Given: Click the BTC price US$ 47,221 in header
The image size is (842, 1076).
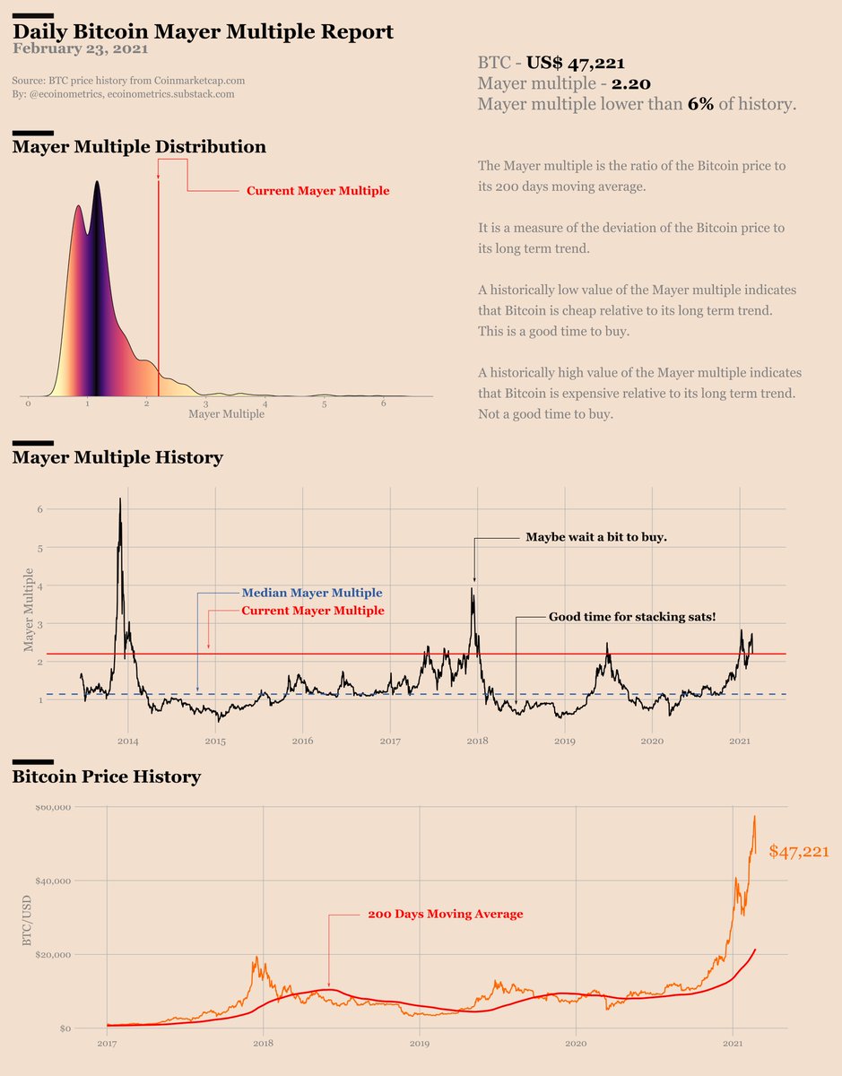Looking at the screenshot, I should tap(575, 63).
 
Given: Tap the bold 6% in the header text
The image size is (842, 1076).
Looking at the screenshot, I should tap(700, 104).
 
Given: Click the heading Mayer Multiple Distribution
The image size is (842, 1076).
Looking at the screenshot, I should tap(139, 146).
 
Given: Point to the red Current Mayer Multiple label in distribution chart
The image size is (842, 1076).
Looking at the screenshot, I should tap(317, 191).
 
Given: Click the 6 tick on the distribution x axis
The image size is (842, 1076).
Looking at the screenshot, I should tap(383, 404).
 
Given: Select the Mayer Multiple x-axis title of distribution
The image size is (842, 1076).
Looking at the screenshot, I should tap(227, 414).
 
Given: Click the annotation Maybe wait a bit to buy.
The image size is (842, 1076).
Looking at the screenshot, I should tap(596, 537).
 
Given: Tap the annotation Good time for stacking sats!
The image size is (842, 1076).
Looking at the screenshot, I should tap(632, 617).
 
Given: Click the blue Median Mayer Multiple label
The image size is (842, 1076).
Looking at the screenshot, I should tap(311, 593).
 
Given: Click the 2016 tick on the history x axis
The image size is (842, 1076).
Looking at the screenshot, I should tap(302, 742).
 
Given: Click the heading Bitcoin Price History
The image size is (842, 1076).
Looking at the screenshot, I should tap(106, 777).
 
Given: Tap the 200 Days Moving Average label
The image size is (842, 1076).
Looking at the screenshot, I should tap(445, 915).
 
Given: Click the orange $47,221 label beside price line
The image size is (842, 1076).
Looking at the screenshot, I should tap(798, 852).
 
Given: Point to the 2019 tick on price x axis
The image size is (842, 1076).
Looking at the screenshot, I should tap(420, 1044).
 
